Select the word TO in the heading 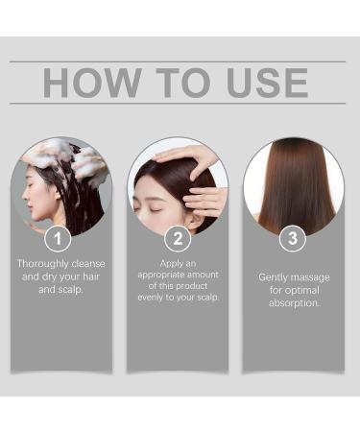point(175,83)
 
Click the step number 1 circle point(60,238)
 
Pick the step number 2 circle point(178,238)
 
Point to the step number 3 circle point(293,238)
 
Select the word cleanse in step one point(87,263)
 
